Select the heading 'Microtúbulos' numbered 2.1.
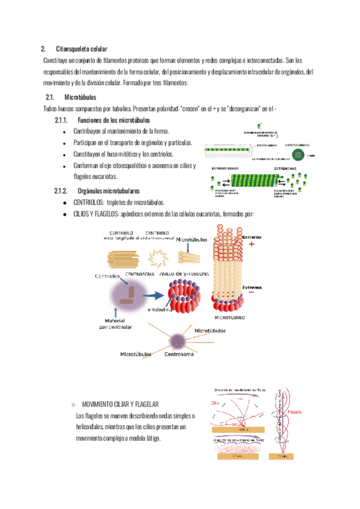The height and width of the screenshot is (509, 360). click(x=79, y=97)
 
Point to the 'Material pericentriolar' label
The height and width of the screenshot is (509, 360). click(x=118, y=323)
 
